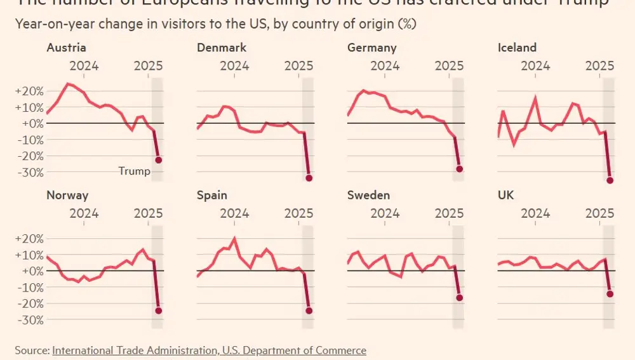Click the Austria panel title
coord(66,48)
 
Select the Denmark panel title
coord(222,48)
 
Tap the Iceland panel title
coord(518,48)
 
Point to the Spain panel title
coord(212,195)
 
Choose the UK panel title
coord(505,195)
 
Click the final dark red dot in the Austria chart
coord(159,160)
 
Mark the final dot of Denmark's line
coord(309,178)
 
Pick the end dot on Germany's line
coord(460,169)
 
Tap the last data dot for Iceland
coord(610,180)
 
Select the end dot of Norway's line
coord(159,310)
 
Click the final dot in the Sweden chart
coord(460,298)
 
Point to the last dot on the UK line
coord(610,294)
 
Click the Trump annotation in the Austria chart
coord(135,171)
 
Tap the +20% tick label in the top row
coord(29,91)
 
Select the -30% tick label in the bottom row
coord(29,319)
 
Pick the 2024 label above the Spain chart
coord(234,213)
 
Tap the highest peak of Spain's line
coord(235,239)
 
